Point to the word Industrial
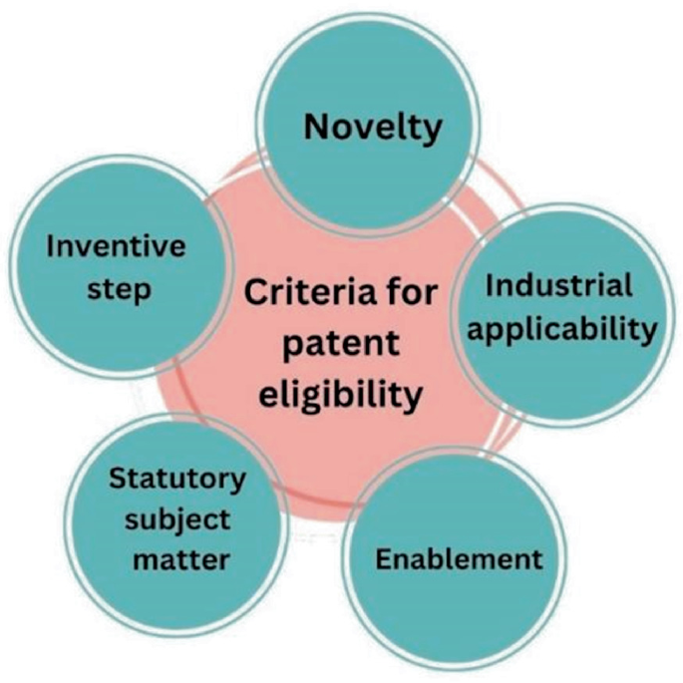(559, 285)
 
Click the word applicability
(561, 328)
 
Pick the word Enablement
(459, 558)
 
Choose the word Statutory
(176, 479)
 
